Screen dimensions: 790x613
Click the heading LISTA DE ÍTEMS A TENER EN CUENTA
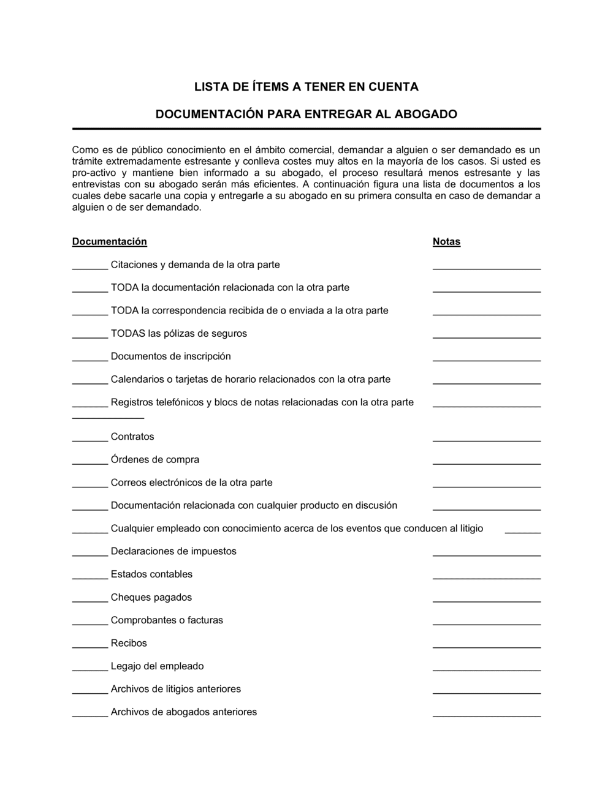click(306, 87)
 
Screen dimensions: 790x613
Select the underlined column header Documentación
click(110, 242)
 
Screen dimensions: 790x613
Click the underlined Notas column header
click(446, 242)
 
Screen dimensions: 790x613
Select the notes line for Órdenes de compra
click(487, 463)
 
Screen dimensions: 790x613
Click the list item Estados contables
click(151, 574)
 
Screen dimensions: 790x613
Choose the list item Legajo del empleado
click(157, 666)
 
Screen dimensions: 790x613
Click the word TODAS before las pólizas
click(128, 334)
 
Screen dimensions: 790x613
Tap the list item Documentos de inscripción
click(170, 356)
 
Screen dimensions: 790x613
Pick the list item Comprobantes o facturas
click(167, 620)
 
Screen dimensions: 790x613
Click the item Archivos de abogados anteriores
click(183, 712)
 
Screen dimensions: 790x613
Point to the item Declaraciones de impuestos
click(173, 551)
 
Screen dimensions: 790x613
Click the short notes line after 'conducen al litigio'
click(523, 532)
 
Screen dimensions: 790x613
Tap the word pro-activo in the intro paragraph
click(93, 173)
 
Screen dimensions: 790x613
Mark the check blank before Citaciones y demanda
click(90, 268)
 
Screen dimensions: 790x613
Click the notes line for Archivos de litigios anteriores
click(487, 693)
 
